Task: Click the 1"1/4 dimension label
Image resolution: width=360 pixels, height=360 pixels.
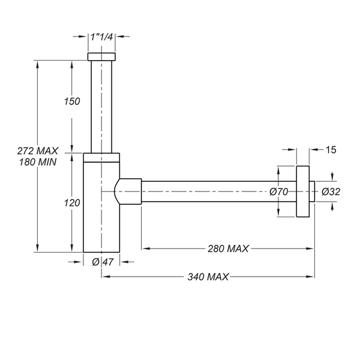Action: coord(101,37)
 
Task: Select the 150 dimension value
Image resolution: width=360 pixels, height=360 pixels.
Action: coord(72,101)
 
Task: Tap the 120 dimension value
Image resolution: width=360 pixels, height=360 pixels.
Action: coord(72,203)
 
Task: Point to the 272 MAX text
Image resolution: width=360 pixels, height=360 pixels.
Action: coord(38,151)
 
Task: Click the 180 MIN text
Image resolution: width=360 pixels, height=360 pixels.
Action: coord(38,162)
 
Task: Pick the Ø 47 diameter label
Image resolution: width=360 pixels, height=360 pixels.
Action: coord(103,262)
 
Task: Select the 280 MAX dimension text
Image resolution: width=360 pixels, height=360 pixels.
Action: coord(228,248)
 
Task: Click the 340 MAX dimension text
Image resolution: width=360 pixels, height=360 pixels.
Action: coord(208,277)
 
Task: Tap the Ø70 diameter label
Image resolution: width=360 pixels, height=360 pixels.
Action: coord(279,192)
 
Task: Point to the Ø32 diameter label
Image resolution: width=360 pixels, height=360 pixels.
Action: coord(331,192)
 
